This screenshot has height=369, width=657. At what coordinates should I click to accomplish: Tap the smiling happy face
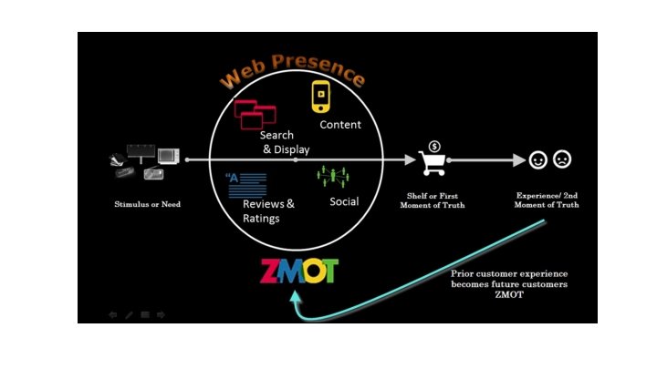(538, 160)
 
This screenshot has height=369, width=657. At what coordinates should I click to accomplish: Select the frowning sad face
(561, 160)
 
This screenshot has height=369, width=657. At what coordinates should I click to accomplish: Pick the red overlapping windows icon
(255, 113)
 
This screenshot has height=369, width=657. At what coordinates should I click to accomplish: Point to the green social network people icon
(333, 173)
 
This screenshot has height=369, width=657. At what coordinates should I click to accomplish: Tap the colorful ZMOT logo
(298, 271)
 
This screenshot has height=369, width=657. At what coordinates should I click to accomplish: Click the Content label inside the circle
(340, 125)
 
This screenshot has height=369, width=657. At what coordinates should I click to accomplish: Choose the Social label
(344, 201)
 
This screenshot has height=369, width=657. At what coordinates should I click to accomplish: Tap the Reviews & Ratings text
(267, 210)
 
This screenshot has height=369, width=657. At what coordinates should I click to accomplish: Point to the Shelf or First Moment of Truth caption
(434, 200)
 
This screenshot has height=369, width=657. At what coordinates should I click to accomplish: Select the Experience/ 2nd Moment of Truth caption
(547, 200)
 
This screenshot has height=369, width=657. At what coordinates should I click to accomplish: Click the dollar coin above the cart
(435, 146)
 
